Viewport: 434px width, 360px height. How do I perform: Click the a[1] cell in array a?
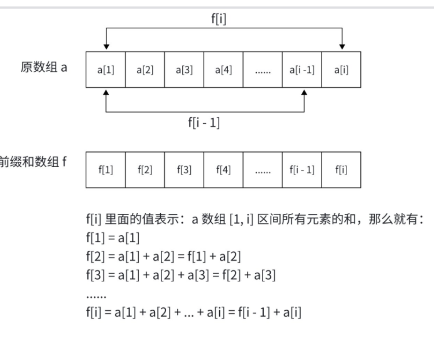(x=106, y=70)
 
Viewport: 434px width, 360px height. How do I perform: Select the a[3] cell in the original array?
(x=184, y=70)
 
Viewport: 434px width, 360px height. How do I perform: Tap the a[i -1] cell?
(x=302, y=70)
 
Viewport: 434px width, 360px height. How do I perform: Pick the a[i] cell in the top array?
(x=341, y=70)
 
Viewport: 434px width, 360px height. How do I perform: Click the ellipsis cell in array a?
(x=262, y=70)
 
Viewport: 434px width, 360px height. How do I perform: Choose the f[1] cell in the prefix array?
(x=106, y=170)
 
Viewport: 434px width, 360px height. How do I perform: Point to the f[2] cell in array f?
(x=145, y=170)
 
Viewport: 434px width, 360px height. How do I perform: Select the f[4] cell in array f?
(x=224, y=170)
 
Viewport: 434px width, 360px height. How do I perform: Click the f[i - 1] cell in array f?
(x=302, y=170)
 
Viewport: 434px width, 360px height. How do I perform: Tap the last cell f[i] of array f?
(x=341, y=170)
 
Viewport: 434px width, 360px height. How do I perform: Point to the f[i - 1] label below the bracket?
(x=204, y=123)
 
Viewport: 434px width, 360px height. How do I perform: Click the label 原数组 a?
(x=44, y=68)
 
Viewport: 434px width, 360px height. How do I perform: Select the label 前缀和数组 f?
(x=33, y=162)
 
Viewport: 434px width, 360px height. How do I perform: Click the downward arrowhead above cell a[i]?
(x=342, y=47)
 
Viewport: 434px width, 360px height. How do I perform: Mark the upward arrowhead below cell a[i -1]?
(x=304, y=92)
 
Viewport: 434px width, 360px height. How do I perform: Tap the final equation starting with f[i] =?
(x=193, y=313)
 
